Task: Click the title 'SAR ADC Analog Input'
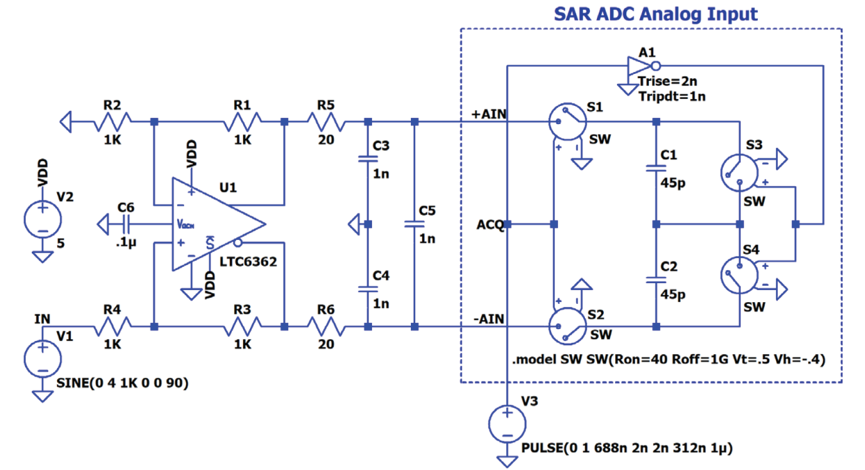click(x=655, y=14)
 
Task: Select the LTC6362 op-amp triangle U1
click(x=216, y=224)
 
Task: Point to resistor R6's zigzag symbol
click(x=326, y=326)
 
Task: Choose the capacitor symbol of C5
click(x=413, y=224)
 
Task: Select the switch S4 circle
click(x=739, y=274)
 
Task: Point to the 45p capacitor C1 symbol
click(x=655, y=168)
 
